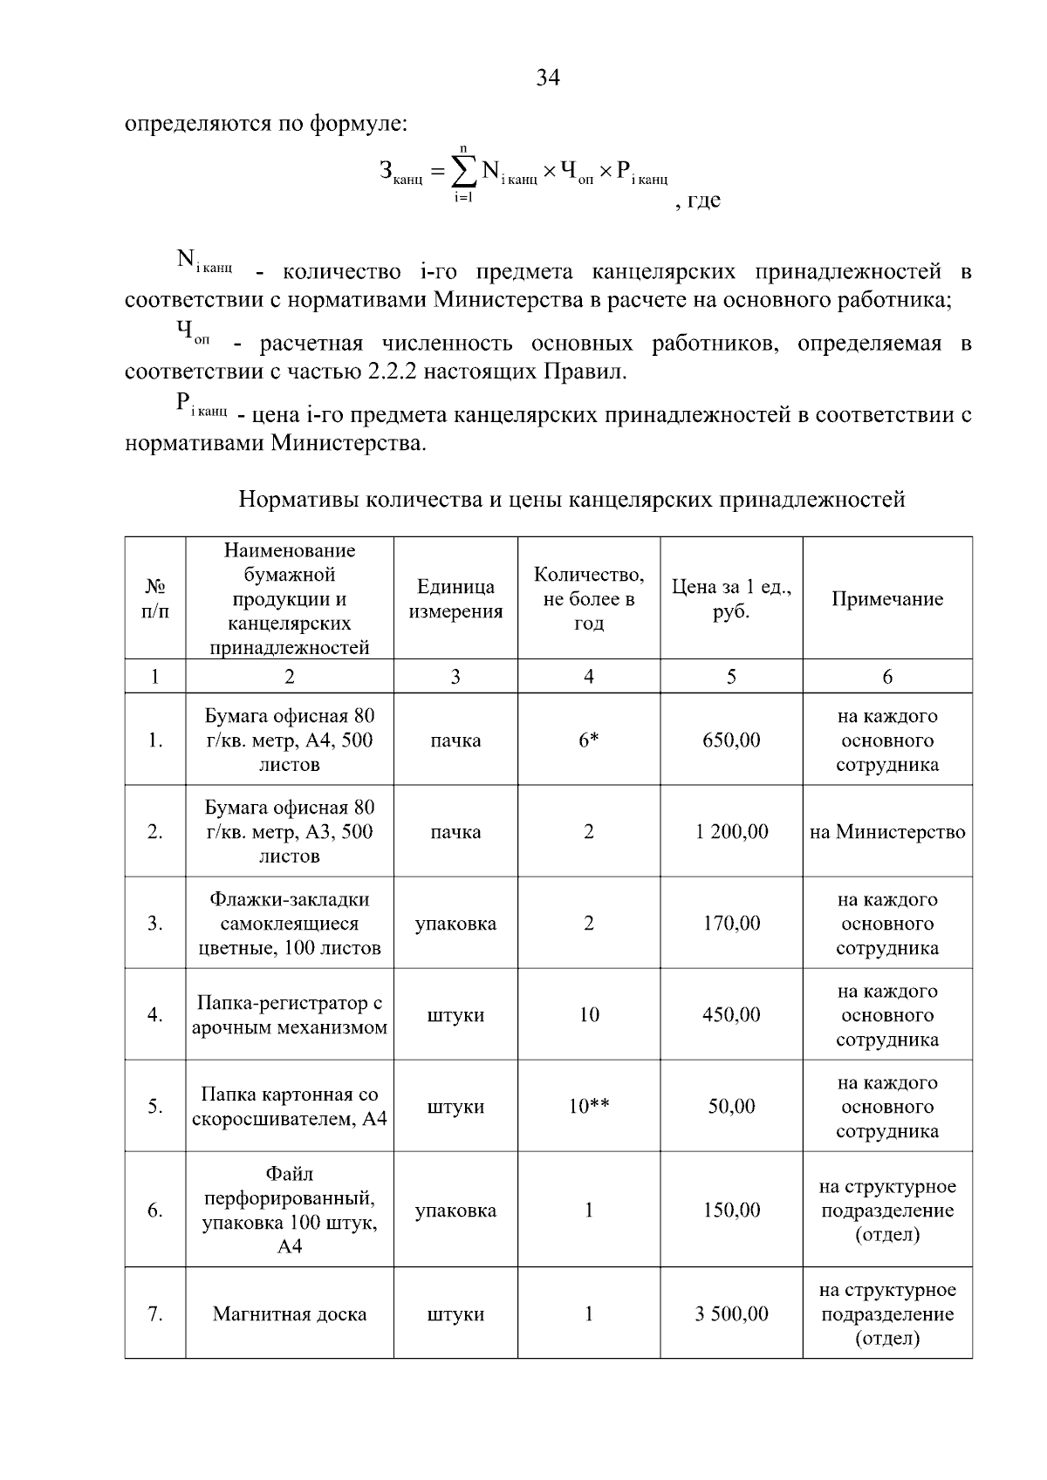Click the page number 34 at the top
click(x=548, y=78)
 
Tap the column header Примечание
click(x=886, y=599)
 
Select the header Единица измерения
click(x=455, y=599)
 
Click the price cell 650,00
click(x=731, y=740)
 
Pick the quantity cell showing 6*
click(x=589, y=740)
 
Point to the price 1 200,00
click(x=731, y=832)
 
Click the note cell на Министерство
click(x=886, y=832)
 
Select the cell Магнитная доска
click(x=289, y=1314)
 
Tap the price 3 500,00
click(x=731, y=1314)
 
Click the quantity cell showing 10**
click(x=589, y=1107)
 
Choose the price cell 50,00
click(x=731, y=1107)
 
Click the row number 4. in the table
click(x=155, y=1015)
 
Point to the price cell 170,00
click(x=731, y=924)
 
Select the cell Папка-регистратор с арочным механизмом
click(x=289, y=1015)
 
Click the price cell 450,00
click(x=731, y=1015)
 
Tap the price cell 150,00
click(x=731, y=1211)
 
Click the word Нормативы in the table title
click(x=298, y=500)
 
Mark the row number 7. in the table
click(x=155, y=1314)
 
